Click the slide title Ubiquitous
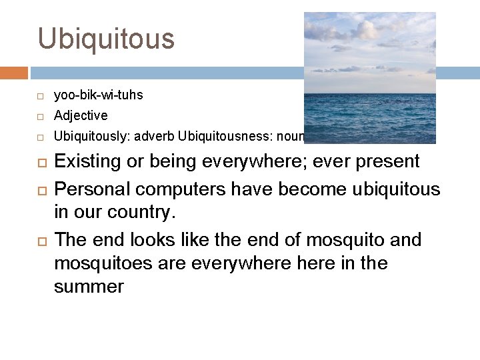coord(106,39)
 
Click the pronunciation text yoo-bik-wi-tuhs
coord(98,95)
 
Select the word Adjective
coord(81,115)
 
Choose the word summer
coord(89,287)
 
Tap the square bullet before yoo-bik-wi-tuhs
coord(40,96)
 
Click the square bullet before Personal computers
coord(40,191)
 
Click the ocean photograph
coord(369,77)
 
